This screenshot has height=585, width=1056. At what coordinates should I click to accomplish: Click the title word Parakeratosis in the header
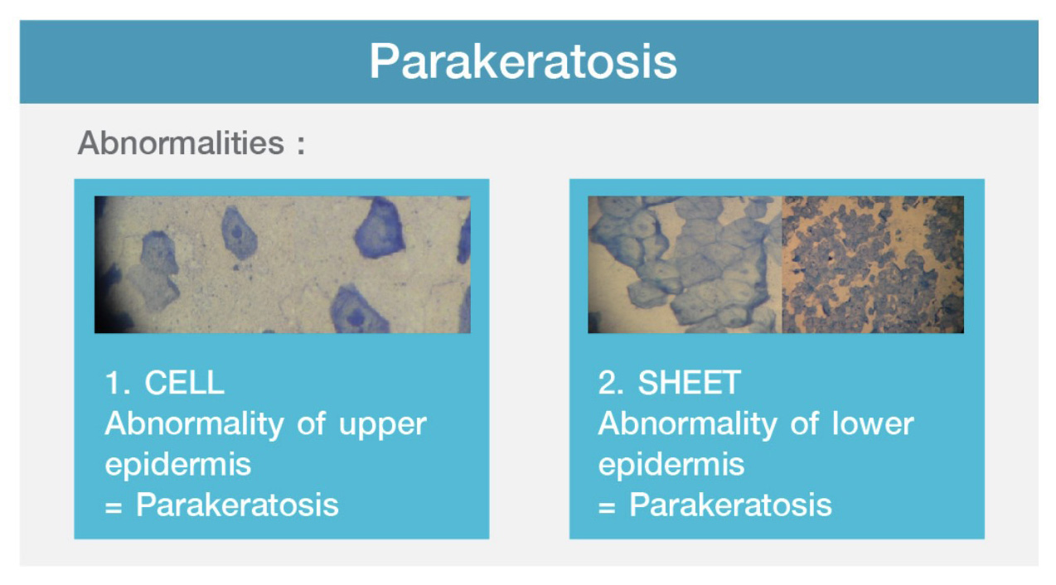coord(523,62)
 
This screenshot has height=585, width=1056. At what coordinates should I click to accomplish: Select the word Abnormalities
coord(181,143)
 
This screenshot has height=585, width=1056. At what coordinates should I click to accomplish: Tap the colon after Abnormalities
coord(301,145)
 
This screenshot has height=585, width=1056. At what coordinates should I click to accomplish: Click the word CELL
coord(184,382)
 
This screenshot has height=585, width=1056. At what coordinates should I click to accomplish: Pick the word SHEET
coord(690,382)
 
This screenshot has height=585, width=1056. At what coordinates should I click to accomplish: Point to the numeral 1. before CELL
coord(117,382)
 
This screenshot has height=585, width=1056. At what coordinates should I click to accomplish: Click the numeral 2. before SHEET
coord(611,382)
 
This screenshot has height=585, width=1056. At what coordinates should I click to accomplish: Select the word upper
coord(383,426)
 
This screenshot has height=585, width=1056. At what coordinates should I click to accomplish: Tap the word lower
coord(873,423)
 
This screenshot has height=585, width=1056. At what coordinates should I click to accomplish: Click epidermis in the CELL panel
coord(177,465)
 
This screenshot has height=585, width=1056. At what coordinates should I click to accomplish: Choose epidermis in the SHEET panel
coord(671,465)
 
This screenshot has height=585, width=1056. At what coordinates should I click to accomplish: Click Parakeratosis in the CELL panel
coord(237,505)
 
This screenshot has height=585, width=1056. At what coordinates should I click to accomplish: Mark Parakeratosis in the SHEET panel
coord(730,505)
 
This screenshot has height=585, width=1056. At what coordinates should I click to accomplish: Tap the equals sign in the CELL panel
coord(114,508)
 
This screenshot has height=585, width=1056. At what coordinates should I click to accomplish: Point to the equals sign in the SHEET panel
coord(607,508)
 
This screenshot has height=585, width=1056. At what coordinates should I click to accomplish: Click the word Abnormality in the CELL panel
coord(194,424)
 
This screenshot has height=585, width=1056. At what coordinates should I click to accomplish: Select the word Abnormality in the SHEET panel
coord(688,424)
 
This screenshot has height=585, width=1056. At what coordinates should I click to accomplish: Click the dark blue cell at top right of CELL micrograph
coord(380,230)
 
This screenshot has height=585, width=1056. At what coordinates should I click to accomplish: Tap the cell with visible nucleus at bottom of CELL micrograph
coord(357,311)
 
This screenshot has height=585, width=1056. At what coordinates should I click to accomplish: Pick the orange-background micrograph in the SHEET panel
coord(873,264)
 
